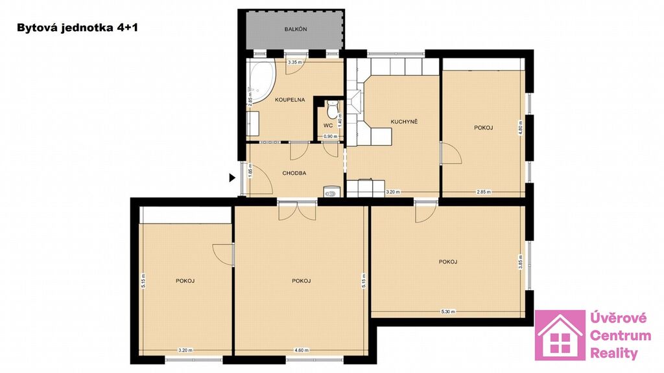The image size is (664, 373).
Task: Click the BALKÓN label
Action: [x=296, y=29]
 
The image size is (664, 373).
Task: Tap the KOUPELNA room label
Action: [x=290, y=100]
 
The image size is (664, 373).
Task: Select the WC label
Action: [x=327, y=125]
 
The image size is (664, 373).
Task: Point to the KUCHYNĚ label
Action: [x=404, y=121]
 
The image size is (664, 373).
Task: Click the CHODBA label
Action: [x=294, y=173]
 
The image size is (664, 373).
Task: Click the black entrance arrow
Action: [x=232, y=177]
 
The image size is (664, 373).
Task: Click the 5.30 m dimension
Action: [x=448, y=311]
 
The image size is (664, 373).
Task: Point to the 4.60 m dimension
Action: [x=302, y=350]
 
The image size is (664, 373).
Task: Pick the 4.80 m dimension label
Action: [x=521, y=128]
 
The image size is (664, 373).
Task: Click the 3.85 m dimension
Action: [x=521, y=262]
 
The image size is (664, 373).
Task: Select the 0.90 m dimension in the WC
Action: [x=330, y=136]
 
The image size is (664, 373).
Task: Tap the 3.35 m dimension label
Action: [x=295, y=62]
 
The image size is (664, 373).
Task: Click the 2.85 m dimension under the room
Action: [x=484, y=192]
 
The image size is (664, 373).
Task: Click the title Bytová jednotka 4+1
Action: [x=78, y=28]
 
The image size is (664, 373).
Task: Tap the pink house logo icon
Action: [x=560, y=335]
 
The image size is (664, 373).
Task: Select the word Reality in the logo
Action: [x=613, y=354]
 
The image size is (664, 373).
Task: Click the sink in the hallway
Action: [x=331, y=192]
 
